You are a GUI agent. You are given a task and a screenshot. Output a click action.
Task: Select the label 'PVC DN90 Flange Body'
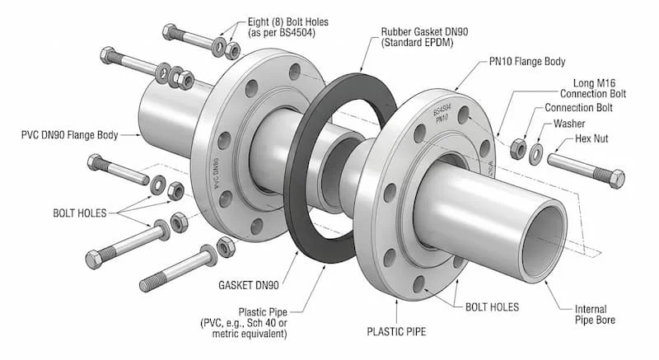pos(70,134)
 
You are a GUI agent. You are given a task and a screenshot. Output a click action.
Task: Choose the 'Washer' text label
pos(569,124)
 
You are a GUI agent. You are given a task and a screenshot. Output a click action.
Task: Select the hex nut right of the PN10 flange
pos(519,148)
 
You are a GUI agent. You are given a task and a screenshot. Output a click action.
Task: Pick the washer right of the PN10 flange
pos(536,152)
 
